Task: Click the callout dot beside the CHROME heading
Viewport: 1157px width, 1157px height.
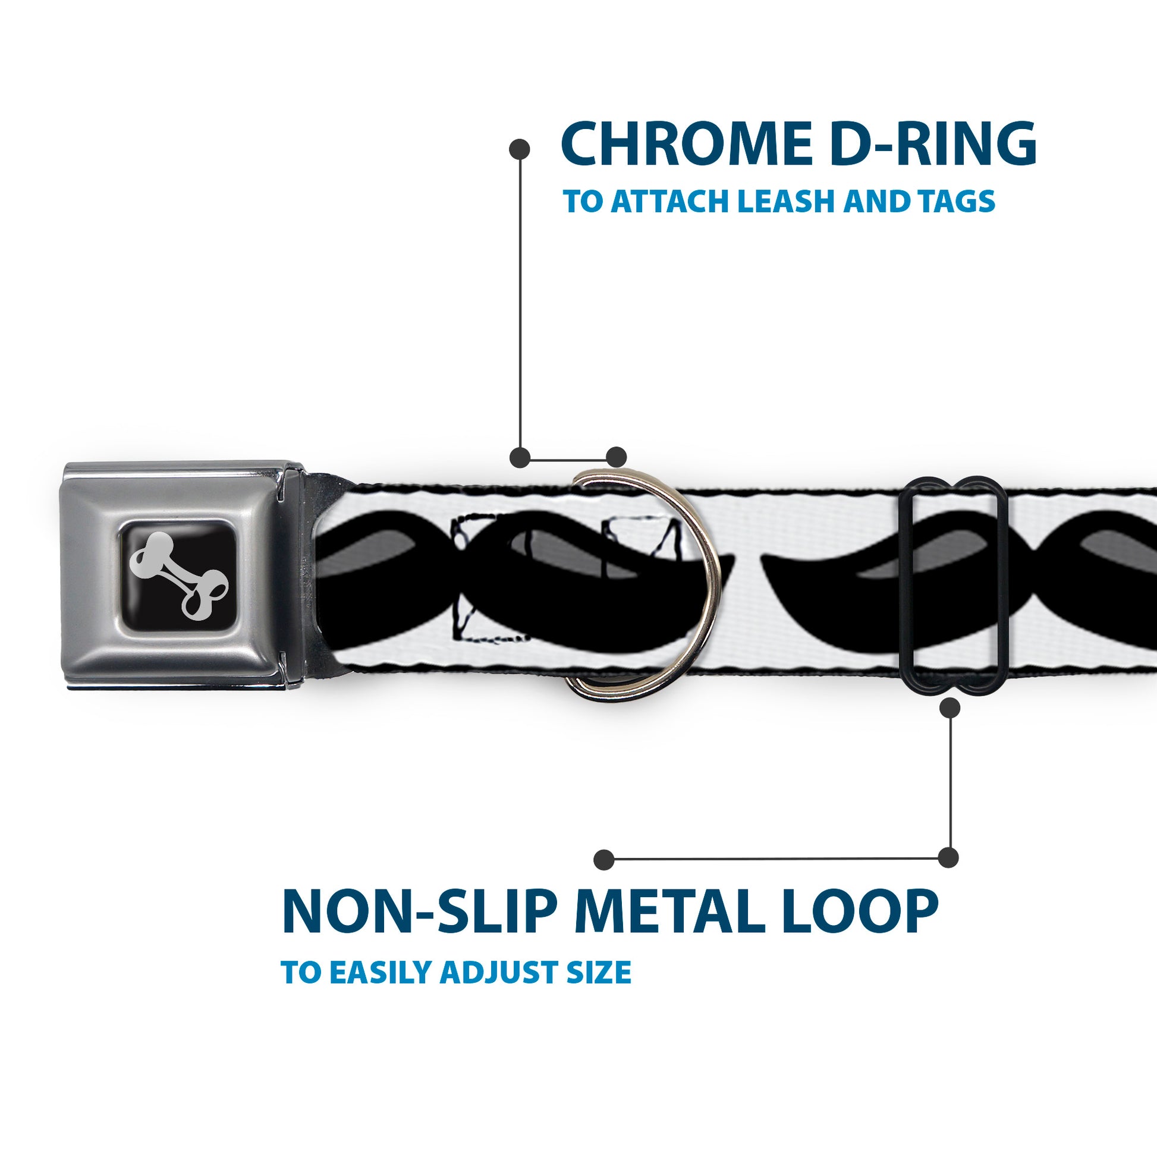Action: click(519, 149)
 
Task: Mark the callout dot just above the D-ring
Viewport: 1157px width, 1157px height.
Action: click(616, 457)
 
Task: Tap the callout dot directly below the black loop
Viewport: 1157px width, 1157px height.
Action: click(950, 709)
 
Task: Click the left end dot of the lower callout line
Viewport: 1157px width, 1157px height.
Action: click(604, 860)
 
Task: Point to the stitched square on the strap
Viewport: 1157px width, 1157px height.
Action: click(491, 578)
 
